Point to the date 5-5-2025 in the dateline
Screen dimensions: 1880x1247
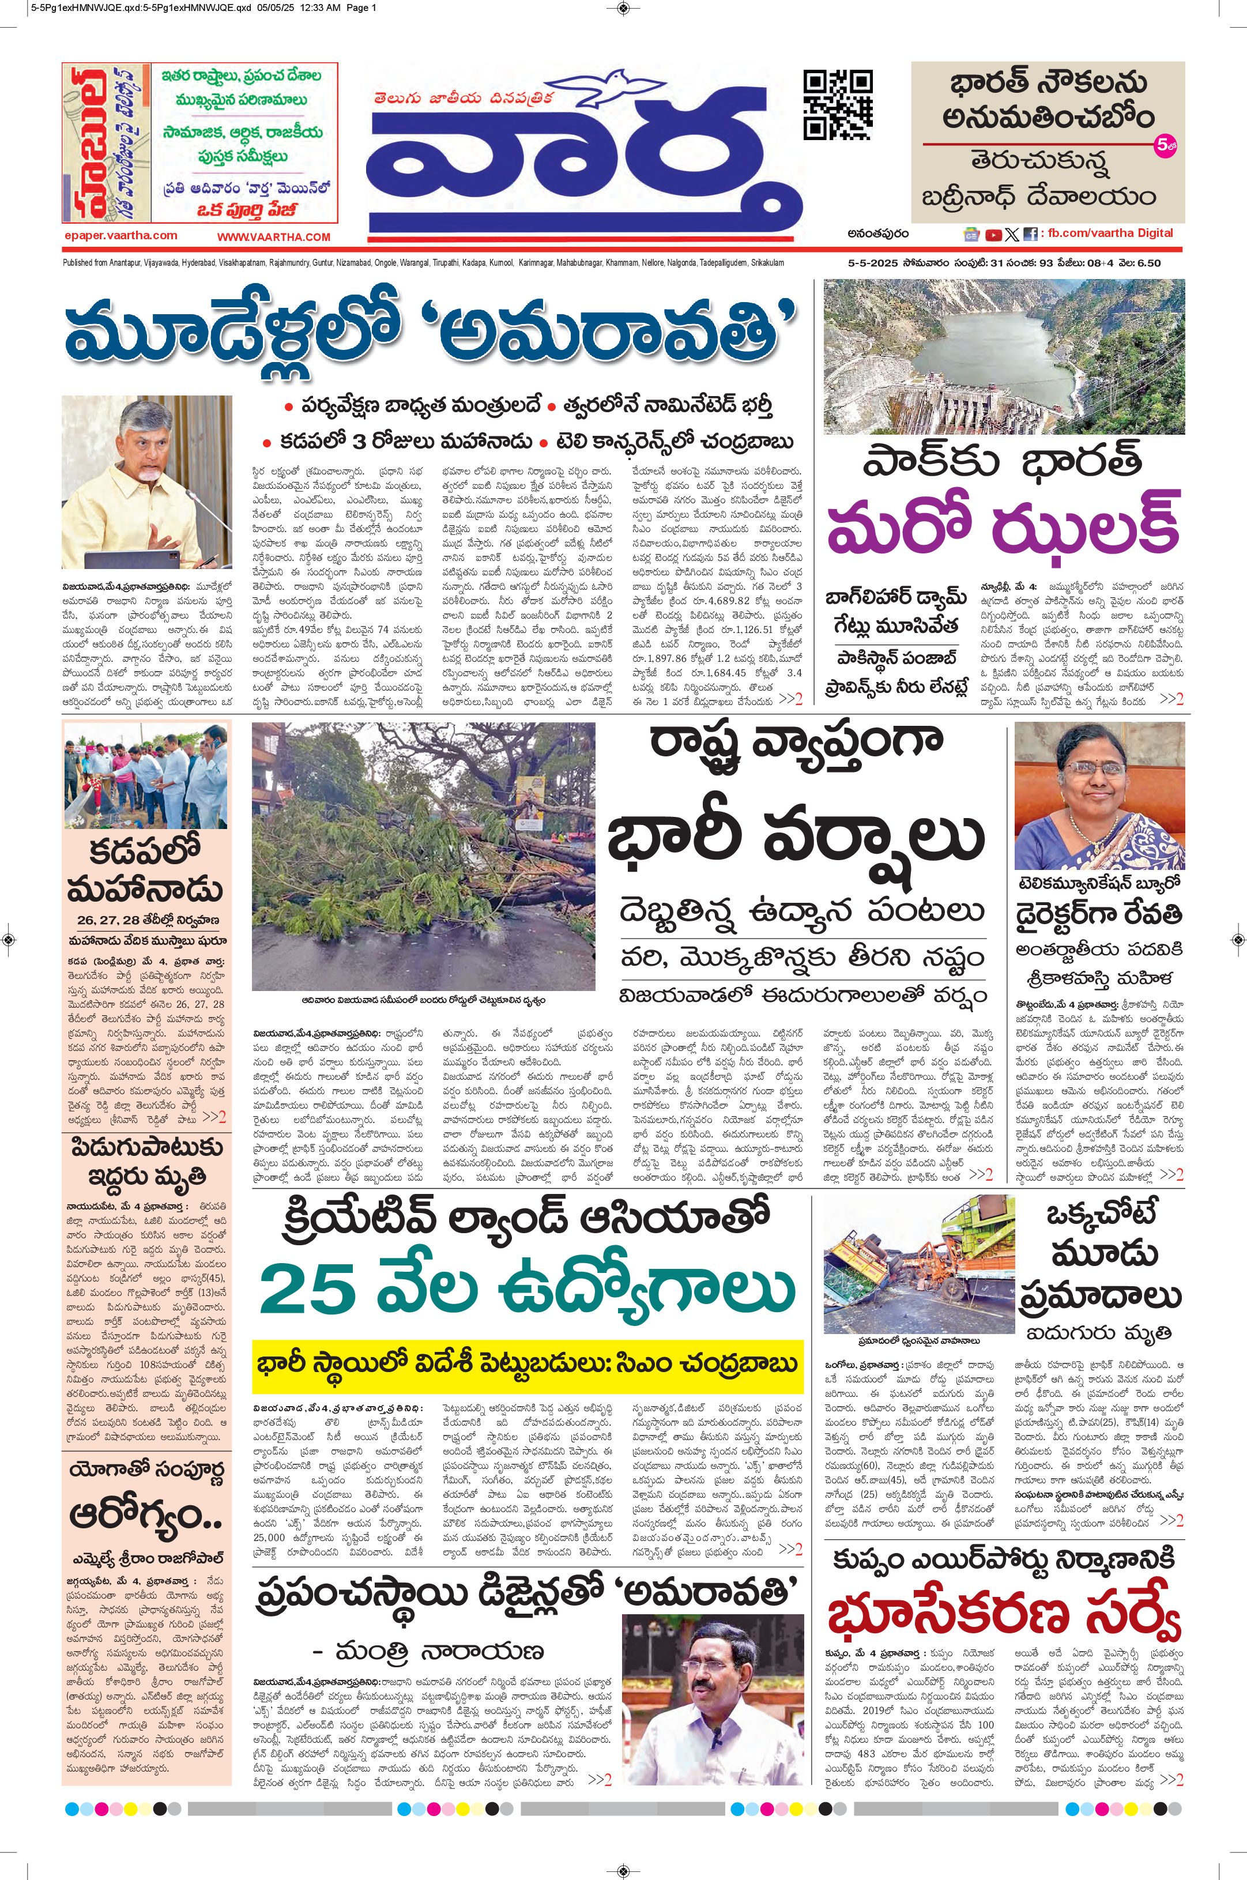tap(871, 263)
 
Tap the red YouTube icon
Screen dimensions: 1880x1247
tap(993, 235)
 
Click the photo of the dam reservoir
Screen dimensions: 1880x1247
tap(1004, 356)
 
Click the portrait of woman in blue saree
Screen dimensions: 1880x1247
tap(1099, 795)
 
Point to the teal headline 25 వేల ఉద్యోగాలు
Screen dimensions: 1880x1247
tap(528, 1291)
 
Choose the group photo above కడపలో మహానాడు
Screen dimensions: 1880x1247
tap(146, 775)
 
